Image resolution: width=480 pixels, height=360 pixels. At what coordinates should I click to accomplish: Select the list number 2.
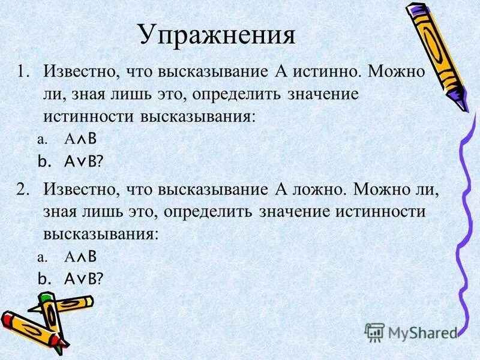click(x=22, y=190)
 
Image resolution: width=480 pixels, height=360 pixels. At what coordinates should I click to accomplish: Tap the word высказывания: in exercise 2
click(x=101, y=233)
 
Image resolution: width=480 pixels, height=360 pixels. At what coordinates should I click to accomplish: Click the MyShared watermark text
click(x=422, y=331)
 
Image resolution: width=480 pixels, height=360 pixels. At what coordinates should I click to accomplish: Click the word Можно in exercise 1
click(x=397, y=72)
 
